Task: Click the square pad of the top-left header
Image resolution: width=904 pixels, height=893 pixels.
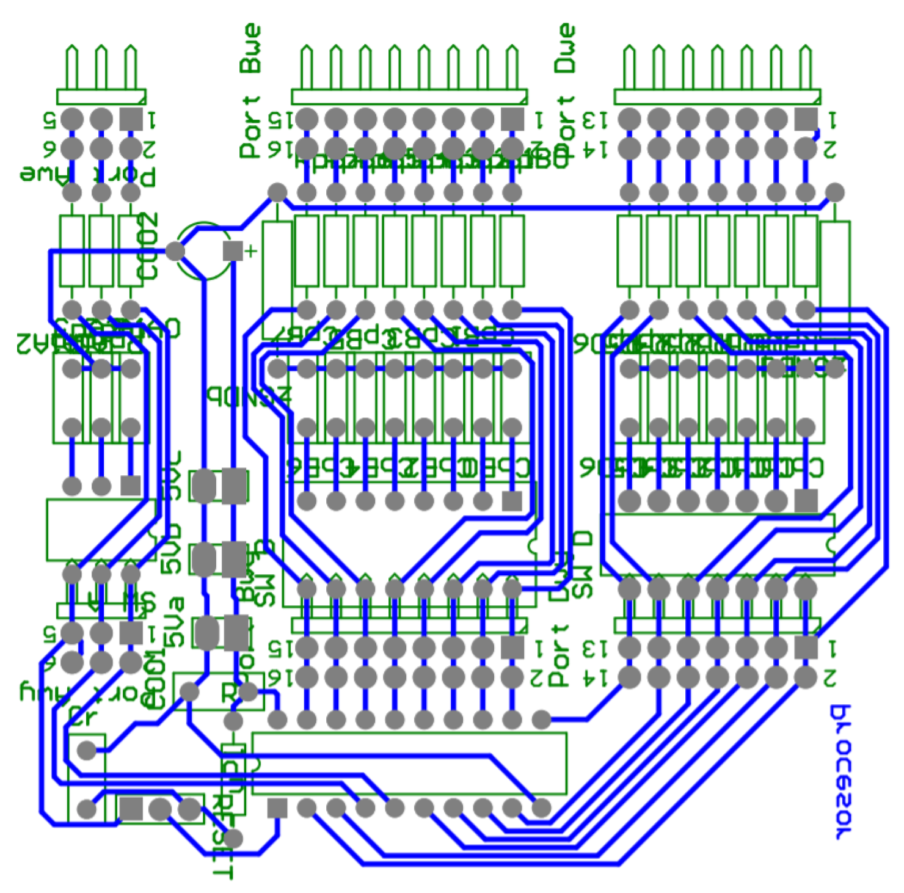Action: [x=131, y=118]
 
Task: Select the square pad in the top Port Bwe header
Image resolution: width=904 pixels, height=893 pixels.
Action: [x=512, y=118]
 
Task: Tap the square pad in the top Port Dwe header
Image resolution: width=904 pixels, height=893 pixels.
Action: [x=806, y=118]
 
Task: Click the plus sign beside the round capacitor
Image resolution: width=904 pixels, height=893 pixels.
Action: [x=250, y=250]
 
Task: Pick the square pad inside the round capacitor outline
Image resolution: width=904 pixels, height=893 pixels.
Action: [x=233, y=250]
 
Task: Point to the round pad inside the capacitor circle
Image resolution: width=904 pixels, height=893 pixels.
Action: [x=175, y=250]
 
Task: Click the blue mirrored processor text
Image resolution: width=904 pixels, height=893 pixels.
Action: [x=842, y=773]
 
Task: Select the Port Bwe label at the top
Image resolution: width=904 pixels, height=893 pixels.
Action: [x=250, y=92]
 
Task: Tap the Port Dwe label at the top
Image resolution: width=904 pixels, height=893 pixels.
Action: [x=565, y=92]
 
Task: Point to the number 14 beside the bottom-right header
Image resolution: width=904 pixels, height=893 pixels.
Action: [x=595, y=677]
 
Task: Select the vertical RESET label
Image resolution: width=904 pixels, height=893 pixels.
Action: [x=224, y=837]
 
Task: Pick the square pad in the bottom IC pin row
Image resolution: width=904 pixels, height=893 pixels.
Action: [x=277, y=808]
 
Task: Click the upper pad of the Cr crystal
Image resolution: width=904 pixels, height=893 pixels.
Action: [x=87, y=750]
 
